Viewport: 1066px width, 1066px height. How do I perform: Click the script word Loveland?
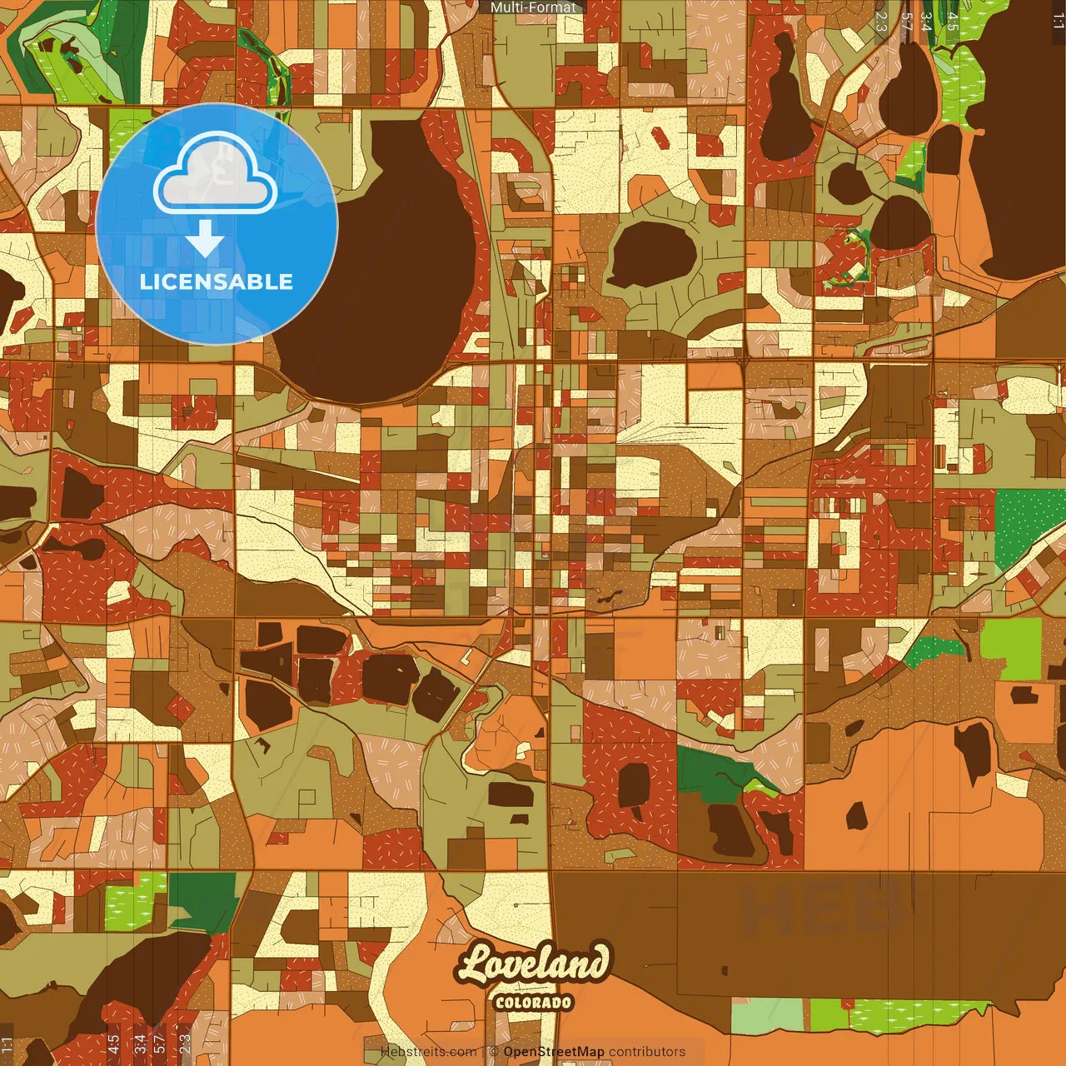pyautogui.click(x=533, y=964)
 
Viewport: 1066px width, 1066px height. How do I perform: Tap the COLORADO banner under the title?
pyautogui.click(x=533, y=1002)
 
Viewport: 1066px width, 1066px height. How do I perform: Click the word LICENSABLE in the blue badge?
pyautogui.click(x=217, y=281)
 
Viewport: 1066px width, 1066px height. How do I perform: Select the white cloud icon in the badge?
pyautogui.click(x=216, y=175)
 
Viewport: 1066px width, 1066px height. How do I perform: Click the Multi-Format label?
pyautogui.click(x=533, y=7)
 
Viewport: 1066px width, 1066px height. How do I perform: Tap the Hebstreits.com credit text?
pyautogui.click(x=428, y=1052)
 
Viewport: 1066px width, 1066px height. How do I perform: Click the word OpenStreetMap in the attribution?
pyautogui.click(x=554, y=1052)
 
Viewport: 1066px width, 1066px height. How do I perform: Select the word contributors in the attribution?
pyautogui.click(x=647, y=1052)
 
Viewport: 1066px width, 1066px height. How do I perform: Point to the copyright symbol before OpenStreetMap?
pyautogui.click(x=494, y=1052)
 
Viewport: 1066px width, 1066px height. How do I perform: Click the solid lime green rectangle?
pyautogui.click(x=1011, y=648)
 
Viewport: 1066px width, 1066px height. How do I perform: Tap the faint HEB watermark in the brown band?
pyautogui.click(x=820, y=908)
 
